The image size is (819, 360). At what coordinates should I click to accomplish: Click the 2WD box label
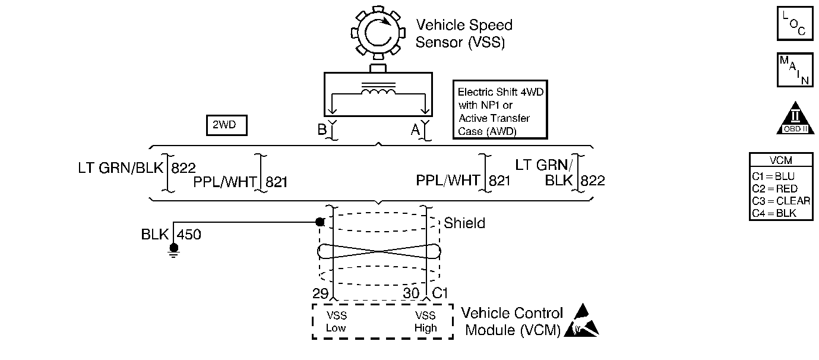click(226, 126)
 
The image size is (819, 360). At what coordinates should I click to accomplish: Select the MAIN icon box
click(794, 71)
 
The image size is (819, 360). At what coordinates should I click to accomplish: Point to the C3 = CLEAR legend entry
click(780, 200)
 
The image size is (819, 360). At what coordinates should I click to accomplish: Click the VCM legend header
click(780, 160)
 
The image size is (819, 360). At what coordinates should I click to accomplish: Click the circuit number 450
click(189, 235)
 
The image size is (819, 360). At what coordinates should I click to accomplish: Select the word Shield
click(464, 223)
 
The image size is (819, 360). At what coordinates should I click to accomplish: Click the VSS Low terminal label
click(336, 321)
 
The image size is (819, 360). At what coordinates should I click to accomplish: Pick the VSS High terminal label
click(426, 321)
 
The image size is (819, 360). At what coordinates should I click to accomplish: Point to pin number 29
click(320, 293)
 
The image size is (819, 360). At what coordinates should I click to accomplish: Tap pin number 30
click(411, 293)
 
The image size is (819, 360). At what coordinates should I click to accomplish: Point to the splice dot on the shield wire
click(320, 222)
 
